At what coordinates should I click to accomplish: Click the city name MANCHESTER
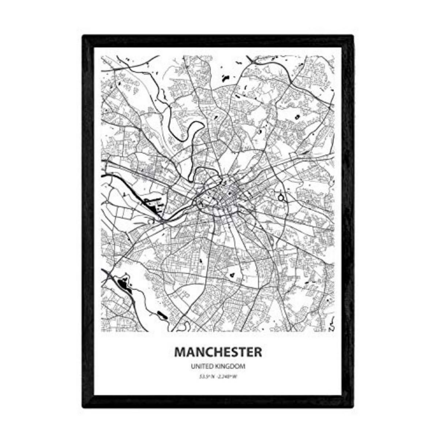[x=218, y=352]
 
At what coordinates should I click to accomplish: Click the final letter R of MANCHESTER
[x=258, y=352]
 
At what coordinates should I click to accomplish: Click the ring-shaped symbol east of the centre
[x=281, y=198]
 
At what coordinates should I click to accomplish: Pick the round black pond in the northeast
[x=297, y=117]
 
